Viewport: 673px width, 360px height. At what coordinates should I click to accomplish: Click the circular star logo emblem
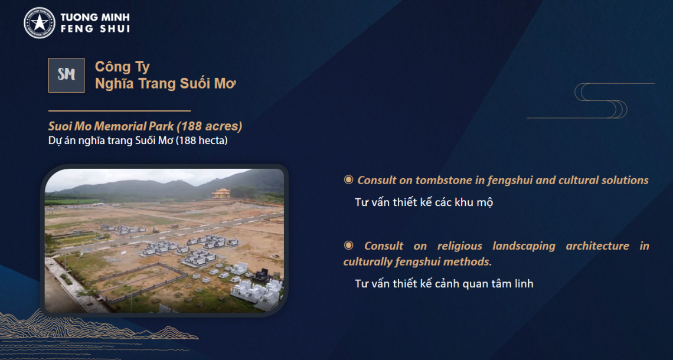click(x=40, y=23)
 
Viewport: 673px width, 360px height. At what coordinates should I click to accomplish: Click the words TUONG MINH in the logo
click(x=95, y=18)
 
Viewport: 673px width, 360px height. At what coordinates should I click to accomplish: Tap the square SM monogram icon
click(x=67, y=75)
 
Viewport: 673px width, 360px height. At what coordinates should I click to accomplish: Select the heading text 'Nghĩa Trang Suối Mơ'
click(x=166, y=84)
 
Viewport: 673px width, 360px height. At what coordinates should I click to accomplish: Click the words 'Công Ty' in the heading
click(x=122, y=67)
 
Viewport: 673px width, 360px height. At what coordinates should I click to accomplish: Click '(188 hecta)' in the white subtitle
click(x=202, y=140)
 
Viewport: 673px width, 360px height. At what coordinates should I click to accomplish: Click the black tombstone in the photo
click(x=262, y=275)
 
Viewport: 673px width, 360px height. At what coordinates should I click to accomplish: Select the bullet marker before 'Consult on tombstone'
click(x=348, y=180)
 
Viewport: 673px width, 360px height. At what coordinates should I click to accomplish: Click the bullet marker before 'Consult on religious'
click(x=348, y=246)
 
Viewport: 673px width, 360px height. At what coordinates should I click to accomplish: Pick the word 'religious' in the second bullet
click(x=460, y=246)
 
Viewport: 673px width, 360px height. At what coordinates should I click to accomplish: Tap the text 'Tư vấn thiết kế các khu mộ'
click(x=424, y=202)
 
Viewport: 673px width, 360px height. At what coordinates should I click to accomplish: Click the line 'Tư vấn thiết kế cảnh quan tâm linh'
click(x=444, y=284)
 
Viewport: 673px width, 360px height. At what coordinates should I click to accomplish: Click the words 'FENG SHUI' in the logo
click(x=95, y=29)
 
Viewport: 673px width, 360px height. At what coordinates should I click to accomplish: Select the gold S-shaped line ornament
click(x=591, y=100)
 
